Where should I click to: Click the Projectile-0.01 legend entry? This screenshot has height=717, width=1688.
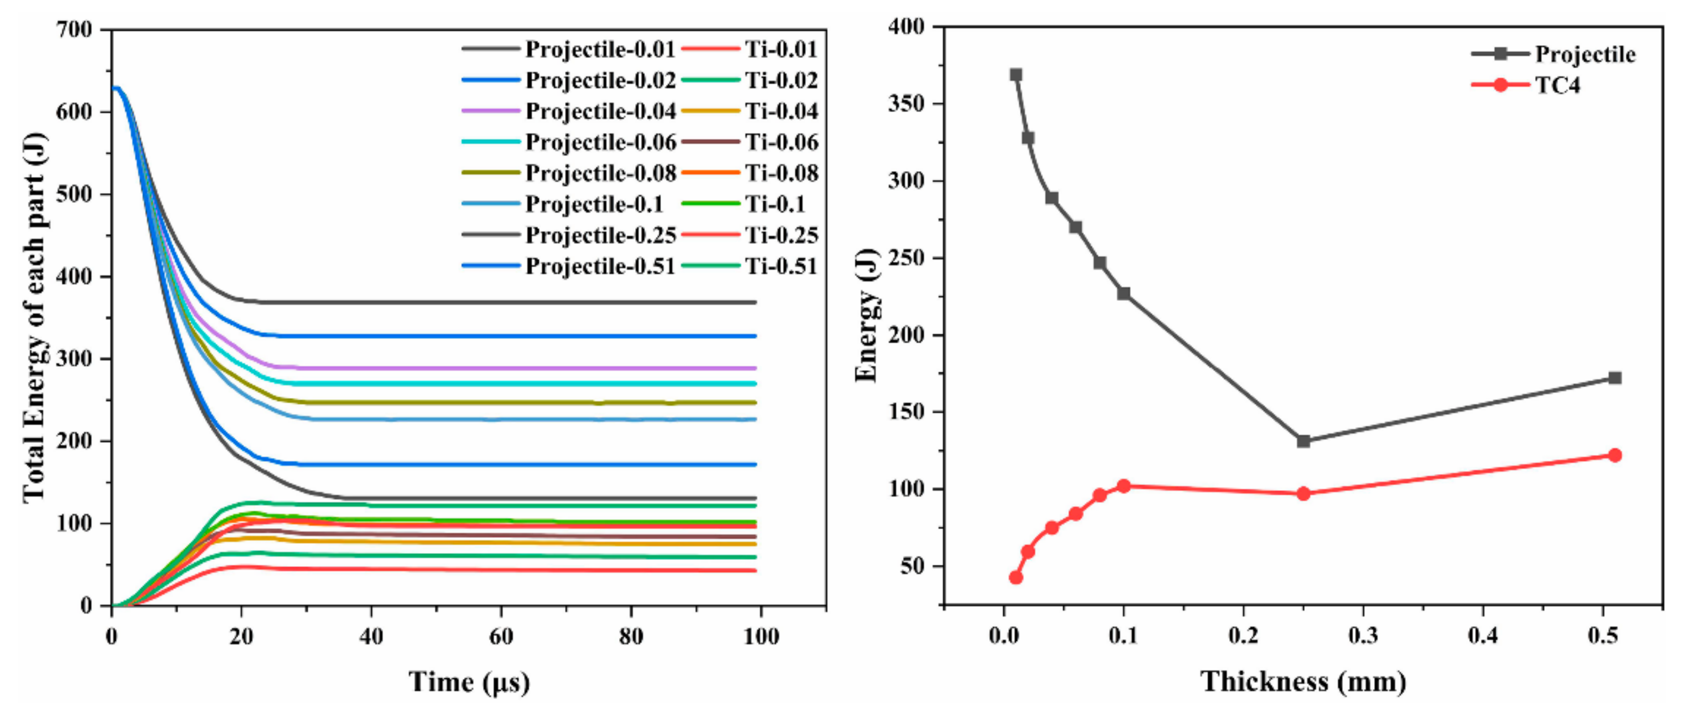coord(599,49)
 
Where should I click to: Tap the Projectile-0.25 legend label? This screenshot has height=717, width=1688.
coord(599,235)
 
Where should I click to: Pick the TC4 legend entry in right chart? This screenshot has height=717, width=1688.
coord(1558,85)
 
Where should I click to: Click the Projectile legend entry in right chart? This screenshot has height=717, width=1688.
coord(1584,54)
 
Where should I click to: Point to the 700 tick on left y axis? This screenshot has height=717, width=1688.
coord(74,30)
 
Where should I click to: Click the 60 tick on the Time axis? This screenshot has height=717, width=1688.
coord(501,637)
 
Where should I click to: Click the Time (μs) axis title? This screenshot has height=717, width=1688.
coord(469,682)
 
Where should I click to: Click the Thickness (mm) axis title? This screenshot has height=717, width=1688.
coord(1303,682)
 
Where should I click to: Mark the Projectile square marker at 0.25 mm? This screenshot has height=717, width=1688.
coord(1303,441)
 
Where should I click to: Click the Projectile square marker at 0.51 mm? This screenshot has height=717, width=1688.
coord(1614,378)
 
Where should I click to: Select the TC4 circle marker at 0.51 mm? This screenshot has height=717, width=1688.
coord(1614,455)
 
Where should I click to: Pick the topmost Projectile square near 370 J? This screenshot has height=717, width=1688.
coord(1016,75)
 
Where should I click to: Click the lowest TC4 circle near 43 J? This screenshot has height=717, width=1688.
coord(1016,577)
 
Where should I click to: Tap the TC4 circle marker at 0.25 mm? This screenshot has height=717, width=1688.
coord(1303,493)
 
